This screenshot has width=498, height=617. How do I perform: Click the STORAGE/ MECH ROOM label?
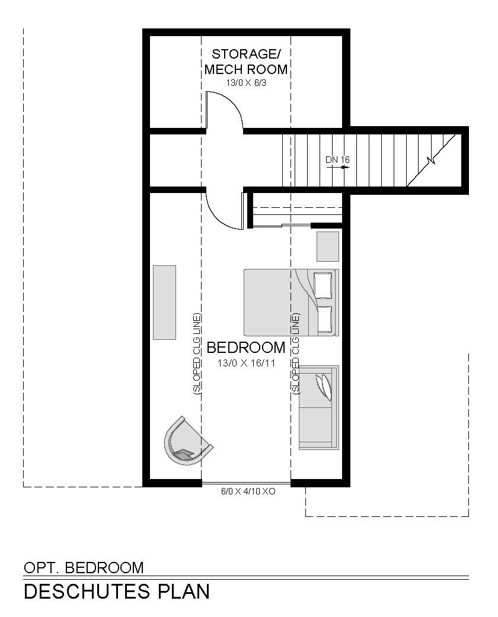click(246, 62)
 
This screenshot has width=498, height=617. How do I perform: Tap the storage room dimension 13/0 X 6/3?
click(246, 83)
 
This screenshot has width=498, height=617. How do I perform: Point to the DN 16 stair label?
click(338, 160)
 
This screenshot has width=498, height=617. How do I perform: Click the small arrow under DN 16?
click(338, 167)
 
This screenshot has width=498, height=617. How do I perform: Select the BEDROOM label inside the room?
click(246, 348)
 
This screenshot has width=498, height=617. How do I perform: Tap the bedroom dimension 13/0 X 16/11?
click(246, 363)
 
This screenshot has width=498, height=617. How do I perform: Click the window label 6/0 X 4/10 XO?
click(248, 491)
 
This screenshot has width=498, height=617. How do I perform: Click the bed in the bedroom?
click(291, 302)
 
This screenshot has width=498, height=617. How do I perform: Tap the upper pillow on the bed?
click(323, 285)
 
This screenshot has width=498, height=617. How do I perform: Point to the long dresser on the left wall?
click(164, 302)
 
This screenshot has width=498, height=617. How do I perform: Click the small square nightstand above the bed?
click(328, 247)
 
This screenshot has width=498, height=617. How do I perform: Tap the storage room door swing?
click(224, 110)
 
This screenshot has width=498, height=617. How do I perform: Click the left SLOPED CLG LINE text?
click(197, 354)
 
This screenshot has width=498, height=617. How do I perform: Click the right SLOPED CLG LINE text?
click(295, 354)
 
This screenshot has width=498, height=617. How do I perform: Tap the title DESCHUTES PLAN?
click(117, 592)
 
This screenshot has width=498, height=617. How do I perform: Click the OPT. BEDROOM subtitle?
click(84, 568)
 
